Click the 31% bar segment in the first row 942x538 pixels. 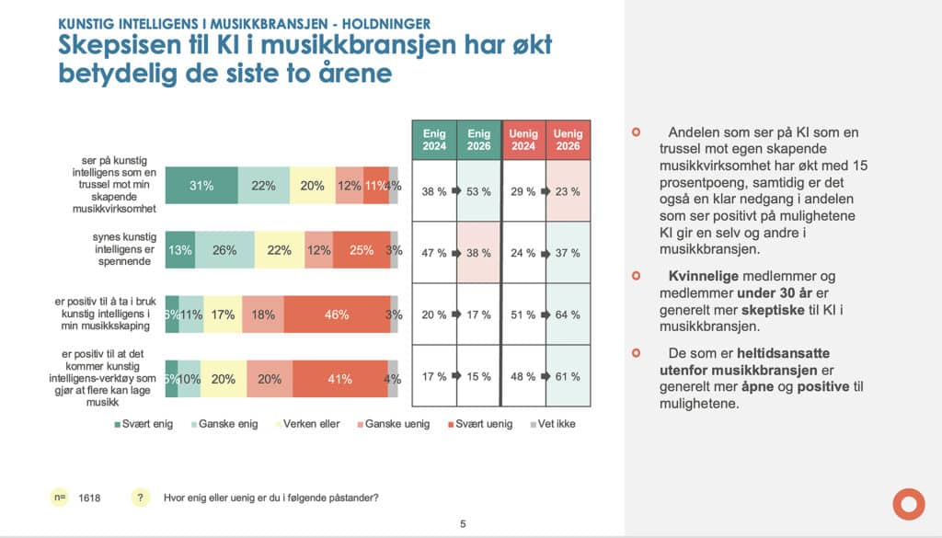[201, 186]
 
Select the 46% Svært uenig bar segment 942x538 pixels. [337, 315]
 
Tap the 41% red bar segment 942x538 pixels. [339, 377]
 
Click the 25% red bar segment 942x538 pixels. [361, 250]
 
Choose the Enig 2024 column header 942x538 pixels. [434, 140]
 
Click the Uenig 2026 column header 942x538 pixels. [568, 140]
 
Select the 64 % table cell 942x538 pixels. [568, 315]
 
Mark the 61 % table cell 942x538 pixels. [568, 375]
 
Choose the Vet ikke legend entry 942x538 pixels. [554, 424]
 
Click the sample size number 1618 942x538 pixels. [89, 498]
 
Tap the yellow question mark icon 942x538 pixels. [141, 498]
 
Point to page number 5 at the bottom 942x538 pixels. [463, 524]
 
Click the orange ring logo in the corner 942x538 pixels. [908, 503]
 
